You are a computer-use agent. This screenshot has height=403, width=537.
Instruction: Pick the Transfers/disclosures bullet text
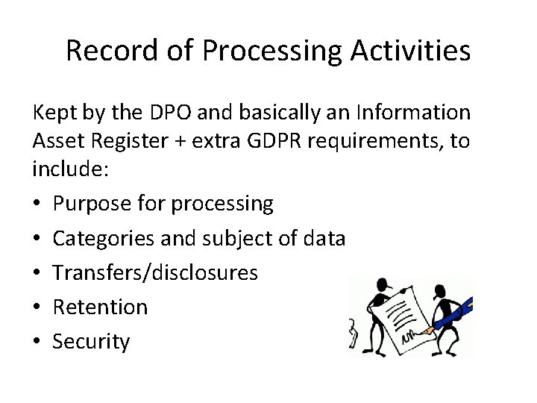pos(155,272)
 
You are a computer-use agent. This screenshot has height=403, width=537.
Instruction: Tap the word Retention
pos(100,307)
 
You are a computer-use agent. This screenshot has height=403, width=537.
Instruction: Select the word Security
pos(91,342)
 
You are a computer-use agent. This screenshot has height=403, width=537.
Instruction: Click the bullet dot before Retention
pos(37,307)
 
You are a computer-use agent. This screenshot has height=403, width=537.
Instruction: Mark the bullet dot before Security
pos(37,342)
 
